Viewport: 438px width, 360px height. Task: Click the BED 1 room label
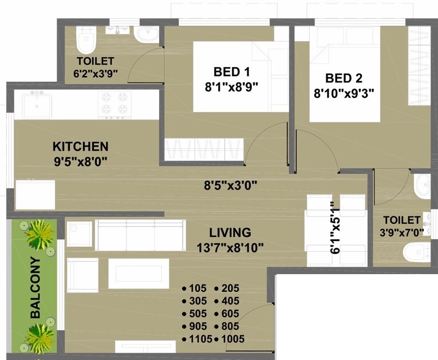[x=231, y=72]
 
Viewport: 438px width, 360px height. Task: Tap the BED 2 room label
[x=344, y=78]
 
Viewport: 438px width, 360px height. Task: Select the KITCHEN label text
[x=80, y=146]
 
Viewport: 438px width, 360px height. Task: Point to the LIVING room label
[x=230, y=232]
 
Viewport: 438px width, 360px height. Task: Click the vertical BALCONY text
[x=35, y=288]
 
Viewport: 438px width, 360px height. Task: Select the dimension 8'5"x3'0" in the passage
[x=231, y=185]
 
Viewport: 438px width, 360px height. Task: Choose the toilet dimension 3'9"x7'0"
[x=401, y=233]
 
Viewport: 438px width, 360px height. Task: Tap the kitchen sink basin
[x=37, y=104]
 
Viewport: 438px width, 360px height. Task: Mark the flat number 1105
[x=197, y=339]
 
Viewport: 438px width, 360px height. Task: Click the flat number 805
[x=229, y=326]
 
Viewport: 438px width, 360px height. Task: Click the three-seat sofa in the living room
[x=140, y=235]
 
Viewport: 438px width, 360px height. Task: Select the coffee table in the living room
[x=139, y=273]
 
